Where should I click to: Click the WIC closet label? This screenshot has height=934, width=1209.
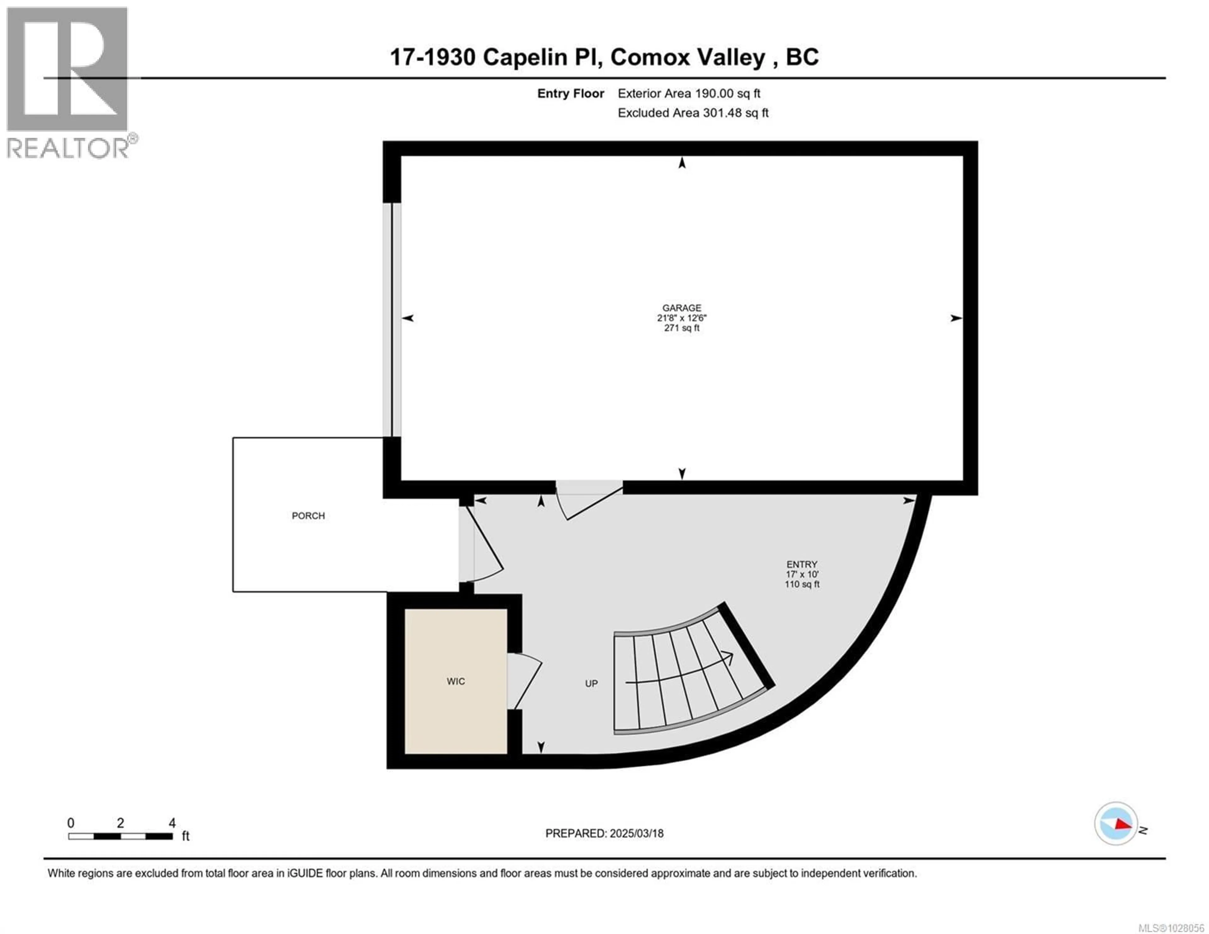(456, 682)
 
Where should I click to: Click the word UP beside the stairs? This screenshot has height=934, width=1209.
(591, 684)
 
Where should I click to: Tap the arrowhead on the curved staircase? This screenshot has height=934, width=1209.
(729, 658)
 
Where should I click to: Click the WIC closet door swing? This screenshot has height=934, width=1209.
(523, 681)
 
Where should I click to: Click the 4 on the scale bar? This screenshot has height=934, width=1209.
(172, 823)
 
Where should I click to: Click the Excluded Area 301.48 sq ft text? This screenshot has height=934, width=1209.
(693, 113)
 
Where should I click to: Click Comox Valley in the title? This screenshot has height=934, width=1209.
(688, 58)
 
